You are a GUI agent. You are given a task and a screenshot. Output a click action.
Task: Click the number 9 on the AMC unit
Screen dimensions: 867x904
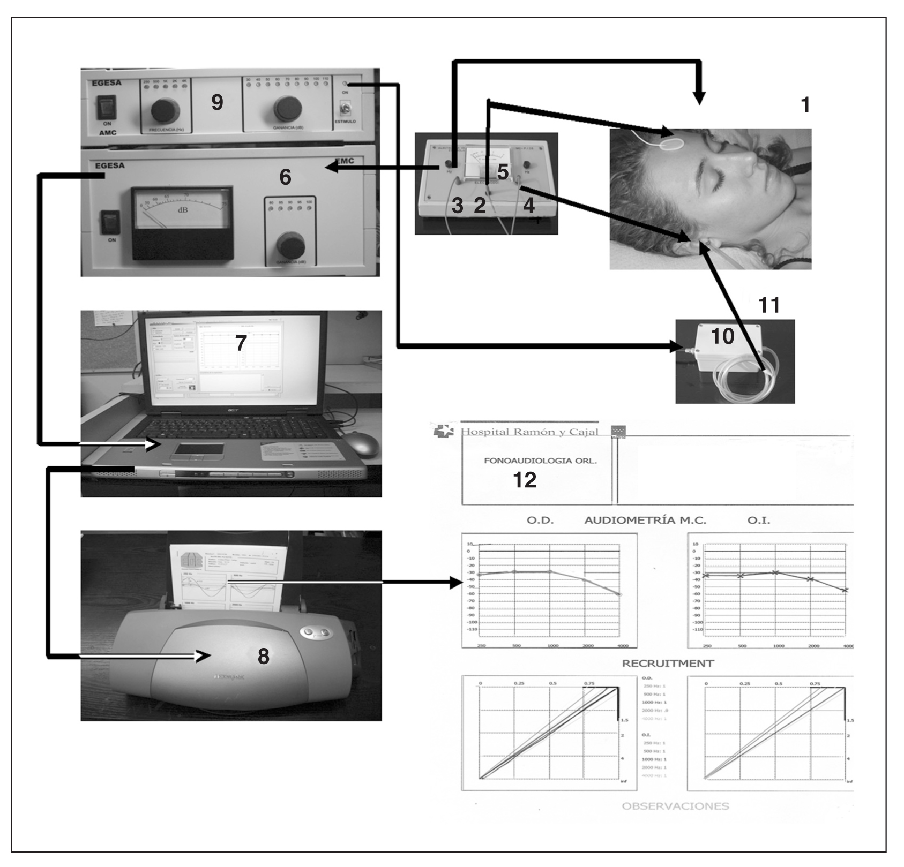coord(217,102)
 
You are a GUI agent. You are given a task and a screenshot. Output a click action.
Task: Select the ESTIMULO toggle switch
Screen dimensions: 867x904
coord(345,110)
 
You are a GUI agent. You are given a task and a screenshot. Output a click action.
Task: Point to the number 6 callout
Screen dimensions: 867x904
coord(285,177)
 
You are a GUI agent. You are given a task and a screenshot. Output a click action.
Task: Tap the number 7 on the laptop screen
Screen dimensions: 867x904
coord(241,343)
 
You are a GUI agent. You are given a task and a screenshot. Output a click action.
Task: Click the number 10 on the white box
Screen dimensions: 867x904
coord(722,336)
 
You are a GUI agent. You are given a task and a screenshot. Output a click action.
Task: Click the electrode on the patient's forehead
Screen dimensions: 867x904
coord(672,144)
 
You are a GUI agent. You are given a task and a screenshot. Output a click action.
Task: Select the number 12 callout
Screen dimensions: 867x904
coord(525,480)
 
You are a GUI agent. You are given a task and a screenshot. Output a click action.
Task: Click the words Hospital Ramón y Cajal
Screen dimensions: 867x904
coord(529,432)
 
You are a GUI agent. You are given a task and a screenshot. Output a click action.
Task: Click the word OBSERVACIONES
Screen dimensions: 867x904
coord(675,806)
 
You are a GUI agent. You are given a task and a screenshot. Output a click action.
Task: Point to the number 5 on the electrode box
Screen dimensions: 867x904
coord(502,172)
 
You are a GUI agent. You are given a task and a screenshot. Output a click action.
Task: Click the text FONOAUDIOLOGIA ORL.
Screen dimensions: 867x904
coord(540,461)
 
